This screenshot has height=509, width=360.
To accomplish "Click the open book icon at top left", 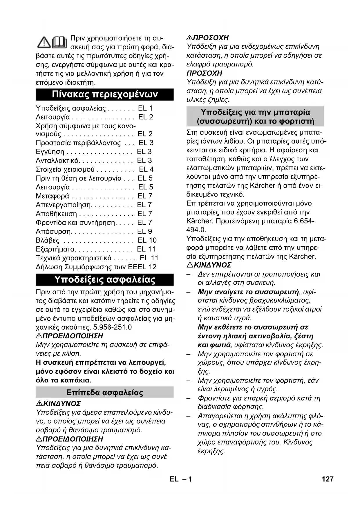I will pyautogui.click(x=60, y=42).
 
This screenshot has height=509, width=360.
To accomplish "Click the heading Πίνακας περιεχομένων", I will pyautogui.click(x=105, y=95).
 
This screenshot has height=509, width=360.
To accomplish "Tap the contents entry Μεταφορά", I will pyautogui.click(x=53, y=196).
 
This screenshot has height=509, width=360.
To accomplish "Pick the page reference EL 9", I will pyautogui.click(x=144, y=232).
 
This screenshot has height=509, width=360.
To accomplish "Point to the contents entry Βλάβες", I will pyautogui.click(x=48, y=241).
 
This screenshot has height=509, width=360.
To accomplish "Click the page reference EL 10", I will pyautogui.click(x=147, y=241).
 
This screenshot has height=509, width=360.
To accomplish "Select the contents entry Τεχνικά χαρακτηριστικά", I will pyautogui.click(x=74, y=258).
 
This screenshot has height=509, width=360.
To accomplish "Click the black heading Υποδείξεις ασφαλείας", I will pyautogui.click(x=105, y=280).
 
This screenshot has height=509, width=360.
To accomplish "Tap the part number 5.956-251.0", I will pyautogui.click(x=113, y=327).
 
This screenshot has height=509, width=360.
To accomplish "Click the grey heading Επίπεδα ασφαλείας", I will pyautogui.click(x=105, y=393).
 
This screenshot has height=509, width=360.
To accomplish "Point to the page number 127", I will pyautogui.click(x=328, y=479).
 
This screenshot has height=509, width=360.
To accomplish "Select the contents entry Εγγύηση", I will pyautogui.click(x=50, y=152).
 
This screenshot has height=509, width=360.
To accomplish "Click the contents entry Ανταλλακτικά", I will pyautogui.click(x=57, y=161).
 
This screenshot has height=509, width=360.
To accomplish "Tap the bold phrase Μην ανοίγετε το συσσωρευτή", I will pyautogui.click(x=248, y=292).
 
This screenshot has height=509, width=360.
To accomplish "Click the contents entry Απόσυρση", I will pyautogui.click(x=53, y=232).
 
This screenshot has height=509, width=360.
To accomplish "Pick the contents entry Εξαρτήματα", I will pyautogui.click(x=55, y=249).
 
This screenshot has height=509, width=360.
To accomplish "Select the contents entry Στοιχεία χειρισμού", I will pyautogui.click(x=65, y=169).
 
